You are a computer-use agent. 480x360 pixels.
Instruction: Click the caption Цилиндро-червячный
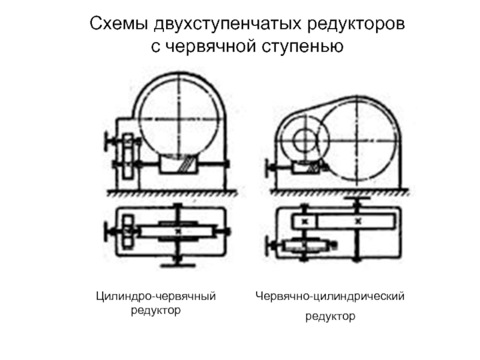tap(157, 296)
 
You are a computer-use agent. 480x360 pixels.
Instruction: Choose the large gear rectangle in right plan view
tap(358, 221)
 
